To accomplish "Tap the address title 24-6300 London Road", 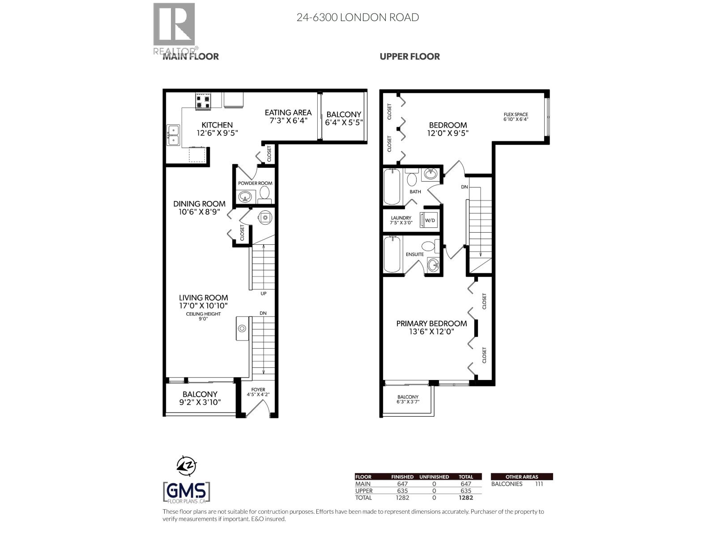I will click(358, 17).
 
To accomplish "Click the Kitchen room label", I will click(217, 125).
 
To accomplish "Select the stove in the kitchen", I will click(203, 102).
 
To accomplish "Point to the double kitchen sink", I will click(173, 136).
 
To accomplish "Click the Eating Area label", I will click(288, 113).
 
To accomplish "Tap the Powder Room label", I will click(255, 183).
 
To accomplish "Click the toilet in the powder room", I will click(264, 194).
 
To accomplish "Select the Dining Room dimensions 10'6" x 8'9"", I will click(199, 212).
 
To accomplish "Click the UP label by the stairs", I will click(263, 294).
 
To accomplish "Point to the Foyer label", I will click(258, 390).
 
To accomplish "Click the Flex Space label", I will click(516, 115).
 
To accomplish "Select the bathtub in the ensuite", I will click(392, 254).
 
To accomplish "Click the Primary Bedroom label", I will click(431, 324).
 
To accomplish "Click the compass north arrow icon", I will click(187, 466).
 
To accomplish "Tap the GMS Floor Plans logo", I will click(187, 492).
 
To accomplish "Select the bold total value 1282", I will click(465, 498).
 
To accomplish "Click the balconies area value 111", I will click(539, 484).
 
